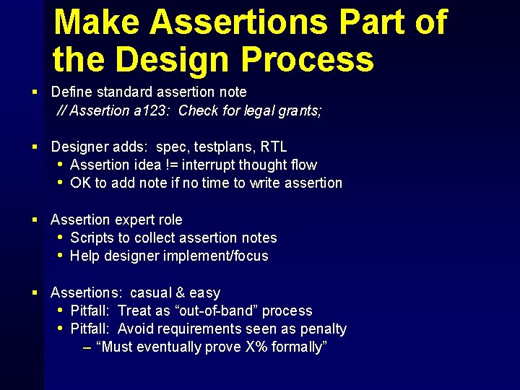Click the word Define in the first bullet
click(x=72, y=92)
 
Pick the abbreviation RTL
click(x=274, y=147)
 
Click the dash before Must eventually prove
click(x=87, y=347)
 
